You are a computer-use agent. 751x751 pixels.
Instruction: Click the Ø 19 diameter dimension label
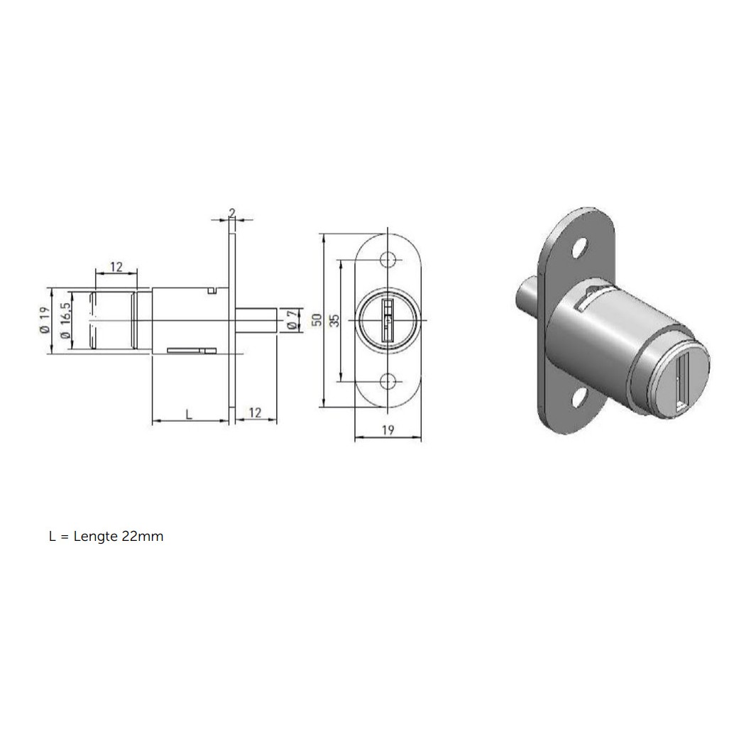click(45, 320)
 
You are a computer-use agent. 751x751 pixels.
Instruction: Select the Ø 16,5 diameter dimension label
click(65, 320)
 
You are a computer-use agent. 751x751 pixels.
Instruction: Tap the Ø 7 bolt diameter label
click(292, 320)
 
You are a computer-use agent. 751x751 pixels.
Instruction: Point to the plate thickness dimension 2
click(232, 213)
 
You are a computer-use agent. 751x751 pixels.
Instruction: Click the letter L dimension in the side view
click(189, 415)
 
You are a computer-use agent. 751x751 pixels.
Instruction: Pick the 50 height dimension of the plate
click(317, 320)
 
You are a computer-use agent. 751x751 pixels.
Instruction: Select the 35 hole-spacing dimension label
click(335, 320)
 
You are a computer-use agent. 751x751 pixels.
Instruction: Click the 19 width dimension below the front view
click(388, 430)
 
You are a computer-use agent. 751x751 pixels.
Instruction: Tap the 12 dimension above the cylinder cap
click(116, 266)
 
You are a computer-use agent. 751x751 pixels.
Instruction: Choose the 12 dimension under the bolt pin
click(256, 412)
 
